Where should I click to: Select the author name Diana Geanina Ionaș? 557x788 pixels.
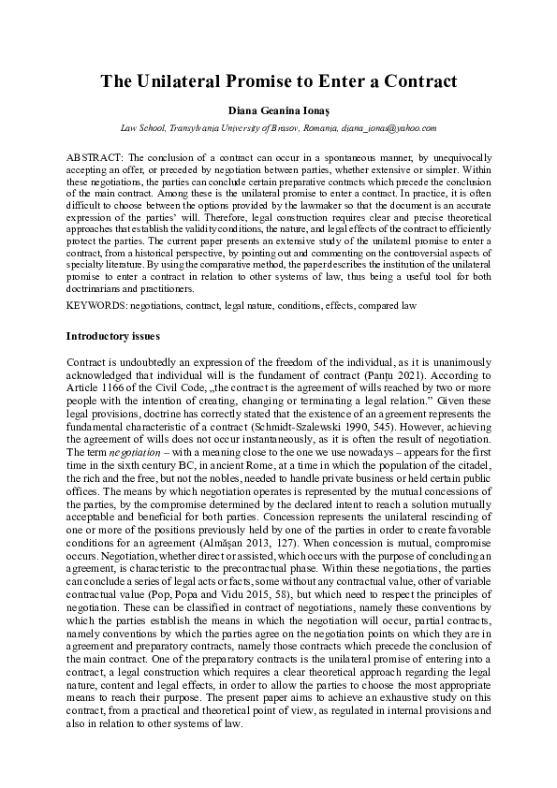pyautogui.click(x=278, y=110)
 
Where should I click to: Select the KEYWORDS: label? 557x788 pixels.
pyautogui.click(x=97, y=306)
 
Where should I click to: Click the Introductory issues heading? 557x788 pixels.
pyautogui.click(x=113, y=335)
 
